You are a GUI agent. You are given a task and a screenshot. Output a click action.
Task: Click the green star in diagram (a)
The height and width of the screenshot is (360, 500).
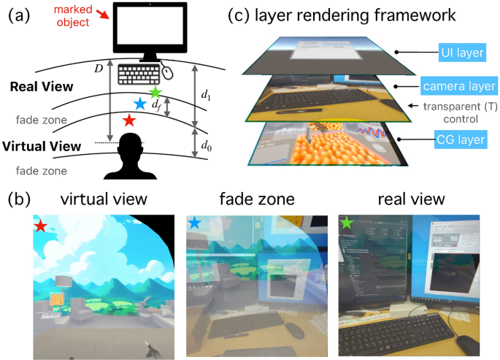pos(155,93)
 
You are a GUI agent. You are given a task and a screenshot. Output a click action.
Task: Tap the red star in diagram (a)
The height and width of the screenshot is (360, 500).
pos(129,119)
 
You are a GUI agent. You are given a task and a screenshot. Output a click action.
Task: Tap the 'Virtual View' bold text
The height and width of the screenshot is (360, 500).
pos(42,145)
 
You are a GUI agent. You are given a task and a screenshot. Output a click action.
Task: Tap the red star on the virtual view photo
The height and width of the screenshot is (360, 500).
pos(42,226)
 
